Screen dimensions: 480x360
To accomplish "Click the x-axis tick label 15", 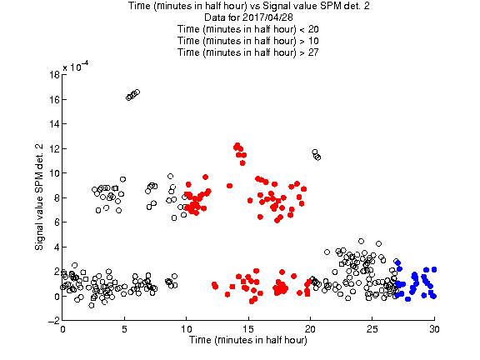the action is coord(248,329).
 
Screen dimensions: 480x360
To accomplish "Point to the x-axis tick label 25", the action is coord(372,329).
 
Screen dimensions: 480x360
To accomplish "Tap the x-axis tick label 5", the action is coord(124,329).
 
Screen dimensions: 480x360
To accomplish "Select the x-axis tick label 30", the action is coord(434,329).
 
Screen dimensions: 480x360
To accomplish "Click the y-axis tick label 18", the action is coord(54,75).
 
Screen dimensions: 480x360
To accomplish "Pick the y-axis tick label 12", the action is coord(54,148).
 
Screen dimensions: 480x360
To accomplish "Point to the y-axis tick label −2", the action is coord(54,321).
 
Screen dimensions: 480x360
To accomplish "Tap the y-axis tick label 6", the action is coord(57,222).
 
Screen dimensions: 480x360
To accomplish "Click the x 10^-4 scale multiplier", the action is coord(76,66).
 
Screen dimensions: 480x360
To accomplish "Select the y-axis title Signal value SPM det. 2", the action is coord(39,197).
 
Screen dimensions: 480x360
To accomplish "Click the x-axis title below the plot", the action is coord(248,340).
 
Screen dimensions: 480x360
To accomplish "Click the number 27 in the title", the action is coord(313,52).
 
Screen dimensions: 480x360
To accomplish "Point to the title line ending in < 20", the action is coord(248,29).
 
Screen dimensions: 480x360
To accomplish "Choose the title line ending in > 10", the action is coord(248,41).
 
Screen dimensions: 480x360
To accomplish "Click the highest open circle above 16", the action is coord(137,92).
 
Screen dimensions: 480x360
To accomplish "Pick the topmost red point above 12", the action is coord(237,145).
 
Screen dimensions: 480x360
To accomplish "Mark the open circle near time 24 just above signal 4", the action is coord(361,241).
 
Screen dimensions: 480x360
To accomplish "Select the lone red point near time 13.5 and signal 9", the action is coord(230,186).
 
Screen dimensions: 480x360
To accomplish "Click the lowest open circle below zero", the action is coord(91,305).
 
